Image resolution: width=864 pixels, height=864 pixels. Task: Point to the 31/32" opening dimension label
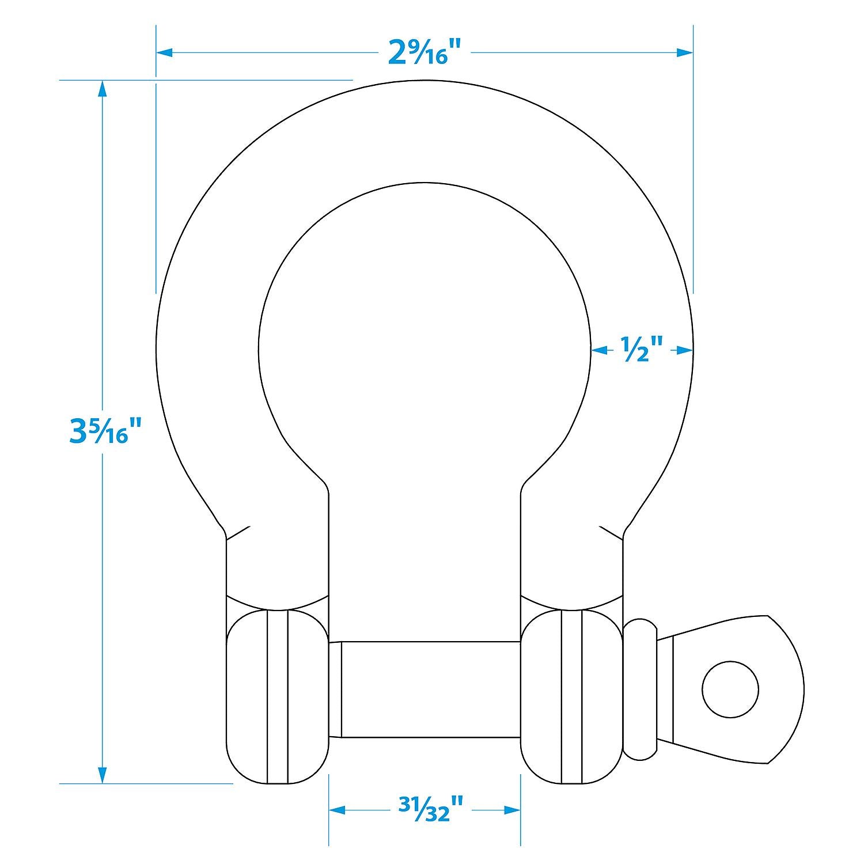[x=425, y=809]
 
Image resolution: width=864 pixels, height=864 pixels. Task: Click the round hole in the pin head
[x=730, y=689]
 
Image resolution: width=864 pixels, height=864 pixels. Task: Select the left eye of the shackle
[x=277, y=697]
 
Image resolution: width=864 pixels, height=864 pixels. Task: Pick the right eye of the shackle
[x=571, y=697]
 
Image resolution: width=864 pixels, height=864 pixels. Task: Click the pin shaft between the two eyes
[x=425, y=689]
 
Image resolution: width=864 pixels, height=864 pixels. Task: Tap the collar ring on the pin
[x=640, y=689]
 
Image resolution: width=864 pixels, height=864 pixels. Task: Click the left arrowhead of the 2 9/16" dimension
[x=165, y=53]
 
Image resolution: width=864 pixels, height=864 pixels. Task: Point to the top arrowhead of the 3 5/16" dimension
[x=103, y=89]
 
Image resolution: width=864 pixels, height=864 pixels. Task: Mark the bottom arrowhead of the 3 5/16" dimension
[x=103, y=775]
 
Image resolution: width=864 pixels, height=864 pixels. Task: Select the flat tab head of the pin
[x=749, y=689]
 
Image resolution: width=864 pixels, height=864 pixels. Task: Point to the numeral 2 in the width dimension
[x=398, y=53]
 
